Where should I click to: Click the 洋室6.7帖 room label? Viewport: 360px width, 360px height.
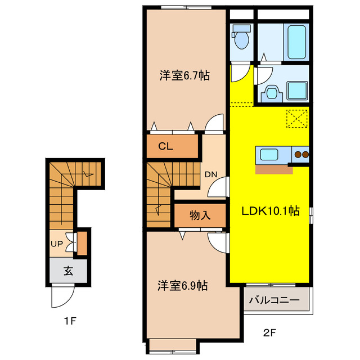(184, 75)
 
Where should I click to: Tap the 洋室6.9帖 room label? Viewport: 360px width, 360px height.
(182, 286)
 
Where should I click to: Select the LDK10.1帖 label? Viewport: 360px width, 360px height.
(271, 211)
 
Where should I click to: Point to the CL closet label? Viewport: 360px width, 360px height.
(165, 147)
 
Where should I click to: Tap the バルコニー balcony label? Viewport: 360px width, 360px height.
(274, 300)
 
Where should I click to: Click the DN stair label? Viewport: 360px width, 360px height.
(211, 174)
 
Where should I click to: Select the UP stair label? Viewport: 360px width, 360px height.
(57, 245)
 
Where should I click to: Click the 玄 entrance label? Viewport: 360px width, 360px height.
(68, 271)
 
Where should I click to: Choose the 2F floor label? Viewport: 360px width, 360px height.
(269, 332)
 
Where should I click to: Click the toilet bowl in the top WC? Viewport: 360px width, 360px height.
(242, 39)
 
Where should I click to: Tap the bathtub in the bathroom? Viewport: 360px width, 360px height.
(295, 40)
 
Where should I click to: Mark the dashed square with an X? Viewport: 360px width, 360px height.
(297, 118)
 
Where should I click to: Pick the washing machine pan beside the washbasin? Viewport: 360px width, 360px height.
(297, 90)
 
